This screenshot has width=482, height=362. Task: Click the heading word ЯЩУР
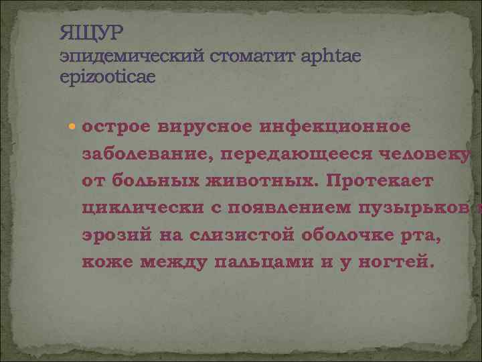click(92, 32)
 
